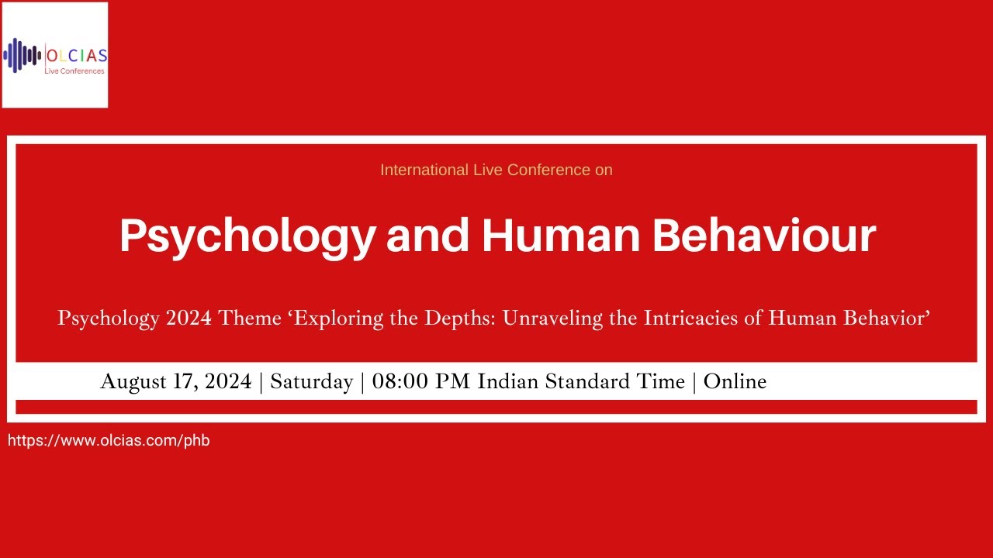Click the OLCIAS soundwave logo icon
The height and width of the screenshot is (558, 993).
22,55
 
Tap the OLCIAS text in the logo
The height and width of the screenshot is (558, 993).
76,56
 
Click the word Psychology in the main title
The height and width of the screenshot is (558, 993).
246,236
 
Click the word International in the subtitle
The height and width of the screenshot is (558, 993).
424,170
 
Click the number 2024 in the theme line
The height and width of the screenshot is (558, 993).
185,319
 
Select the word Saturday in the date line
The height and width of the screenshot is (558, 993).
311,382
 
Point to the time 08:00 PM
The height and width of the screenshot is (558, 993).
422,382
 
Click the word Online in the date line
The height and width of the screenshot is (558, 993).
735,382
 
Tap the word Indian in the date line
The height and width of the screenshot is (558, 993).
505,382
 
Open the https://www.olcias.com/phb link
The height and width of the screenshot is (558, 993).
109,441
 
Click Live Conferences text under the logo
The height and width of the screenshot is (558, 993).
75,71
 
